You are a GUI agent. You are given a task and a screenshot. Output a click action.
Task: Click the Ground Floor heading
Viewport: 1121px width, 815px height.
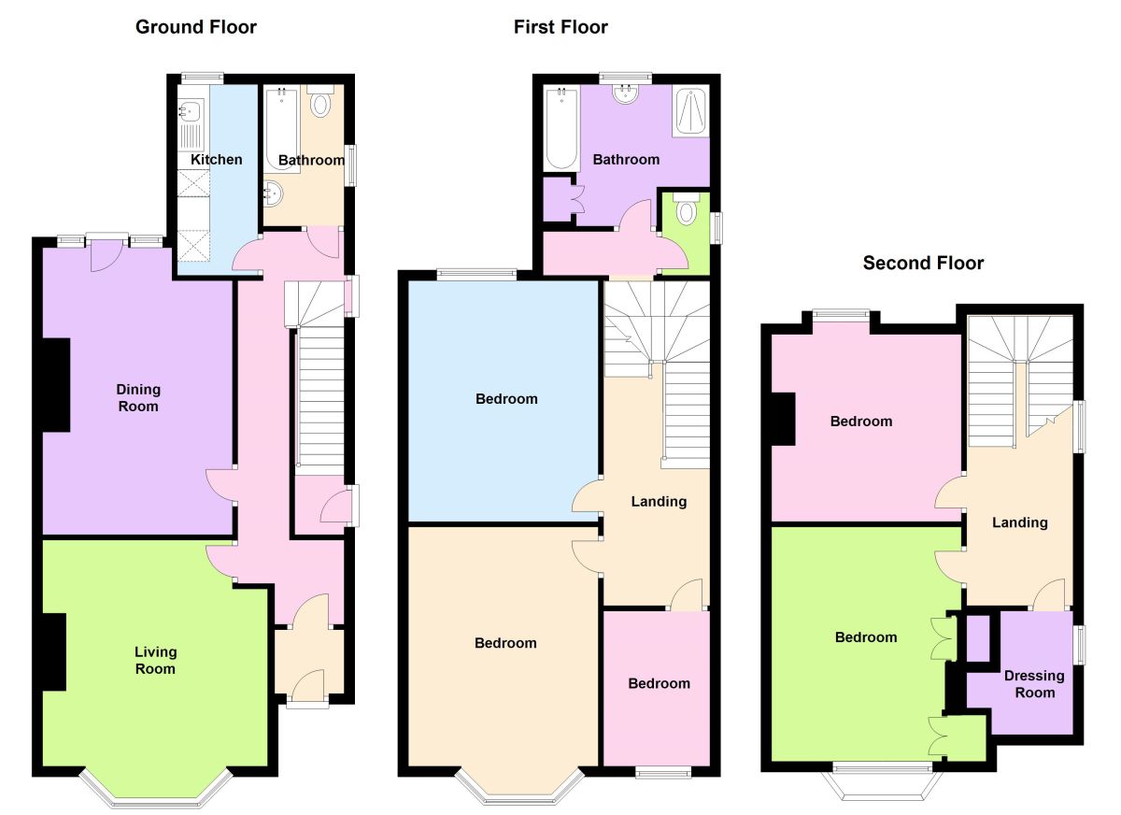tap(196, 26)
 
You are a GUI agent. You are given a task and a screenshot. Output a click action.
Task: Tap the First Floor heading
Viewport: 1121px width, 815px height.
tap(560, 26)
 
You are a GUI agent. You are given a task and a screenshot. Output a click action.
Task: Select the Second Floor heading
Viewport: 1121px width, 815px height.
tap(923, 263)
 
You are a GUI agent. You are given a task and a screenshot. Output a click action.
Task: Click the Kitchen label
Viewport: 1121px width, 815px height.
tap(217, 160)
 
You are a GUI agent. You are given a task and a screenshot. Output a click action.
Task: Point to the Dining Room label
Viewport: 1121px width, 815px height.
tap(138, 397)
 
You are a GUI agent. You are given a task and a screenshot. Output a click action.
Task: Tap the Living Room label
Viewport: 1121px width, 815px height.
tap(155, 660)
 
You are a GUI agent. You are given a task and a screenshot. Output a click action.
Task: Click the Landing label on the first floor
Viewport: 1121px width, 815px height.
tap(659, 501)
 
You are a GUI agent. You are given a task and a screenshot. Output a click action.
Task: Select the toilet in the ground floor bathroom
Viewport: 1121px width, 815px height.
tap(320, 103)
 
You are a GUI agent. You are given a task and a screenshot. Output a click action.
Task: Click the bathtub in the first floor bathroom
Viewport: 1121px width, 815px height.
tap(561, 129)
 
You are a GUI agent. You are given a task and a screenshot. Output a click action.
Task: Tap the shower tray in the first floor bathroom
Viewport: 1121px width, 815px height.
tap(689, 111)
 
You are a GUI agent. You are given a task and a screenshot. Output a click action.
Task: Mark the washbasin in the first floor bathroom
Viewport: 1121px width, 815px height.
tap(625, 93)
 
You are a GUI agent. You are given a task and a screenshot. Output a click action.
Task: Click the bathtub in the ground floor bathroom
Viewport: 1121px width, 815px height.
tap(281, 126)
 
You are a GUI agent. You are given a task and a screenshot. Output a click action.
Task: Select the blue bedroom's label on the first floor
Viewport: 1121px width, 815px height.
tap(506, 399)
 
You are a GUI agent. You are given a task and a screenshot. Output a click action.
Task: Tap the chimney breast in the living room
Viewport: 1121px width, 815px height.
tap(53, 651)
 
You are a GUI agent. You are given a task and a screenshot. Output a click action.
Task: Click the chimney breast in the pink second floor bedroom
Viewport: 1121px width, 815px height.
tap(783, 419)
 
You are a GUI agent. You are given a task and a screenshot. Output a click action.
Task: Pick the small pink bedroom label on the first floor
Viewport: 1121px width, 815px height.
tap(659, 683)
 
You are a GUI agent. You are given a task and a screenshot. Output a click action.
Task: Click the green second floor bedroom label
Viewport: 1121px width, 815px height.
tap(866, 637)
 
